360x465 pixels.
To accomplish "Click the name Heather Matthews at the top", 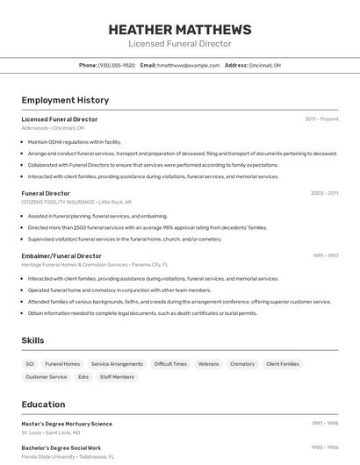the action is pos(180,29).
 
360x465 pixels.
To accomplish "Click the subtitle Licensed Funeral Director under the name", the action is pos(180,43).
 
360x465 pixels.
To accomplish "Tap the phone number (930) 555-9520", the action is pos(116,65).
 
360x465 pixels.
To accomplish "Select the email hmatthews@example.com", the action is pos(188,65).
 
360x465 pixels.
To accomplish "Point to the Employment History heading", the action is pos(65,100).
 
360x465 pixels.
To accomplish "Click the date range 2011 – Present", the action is pos(321,119).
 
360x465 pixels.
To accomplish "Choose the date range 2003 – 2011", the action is pos(324,193).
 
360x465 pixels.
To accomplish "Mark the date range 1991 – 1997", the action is pos(326,256).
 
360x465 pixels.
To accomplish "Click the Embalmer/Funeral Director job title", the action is pos(61,256).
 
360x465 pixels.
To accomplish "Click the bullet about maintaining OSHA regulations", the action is pos(75,141).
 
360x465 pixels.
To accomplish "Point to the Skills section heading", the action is pos(32,340).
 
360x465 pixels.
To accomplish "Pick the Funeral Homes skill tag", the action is pos(62,364).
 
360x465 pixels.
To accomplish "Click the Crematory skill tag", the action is pos(242,364).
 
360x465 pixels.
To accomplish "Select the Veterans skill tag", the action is pos(208,364).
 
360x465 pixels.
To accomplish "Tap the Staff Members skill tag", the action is pos(117,377).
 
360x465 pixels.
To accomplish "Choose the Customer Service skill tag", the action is pos(46,377).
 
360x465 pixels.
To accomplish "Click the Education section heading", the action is pos(43,404).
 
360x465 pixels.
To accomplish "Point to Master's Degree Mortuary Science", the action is pos(67,424).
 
